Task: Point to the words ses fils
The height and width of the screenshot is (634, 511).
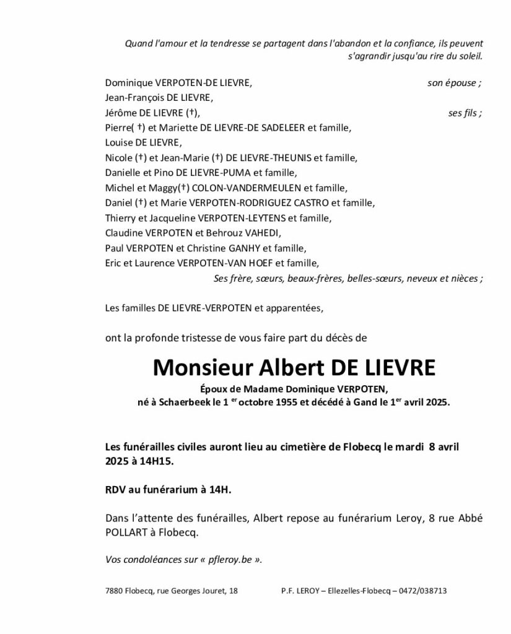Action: coord(465,113)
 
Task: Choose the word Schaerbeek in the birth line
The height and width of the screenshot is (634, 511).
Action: coord(183,402)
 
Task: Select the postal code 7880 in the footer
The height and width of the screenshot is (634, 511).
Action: coord(114,591)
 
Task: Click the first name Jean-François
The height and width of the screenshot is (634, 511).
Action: coord(132,98)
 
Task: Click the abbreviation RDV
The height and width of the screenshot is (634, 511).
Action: coord(115,490)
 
